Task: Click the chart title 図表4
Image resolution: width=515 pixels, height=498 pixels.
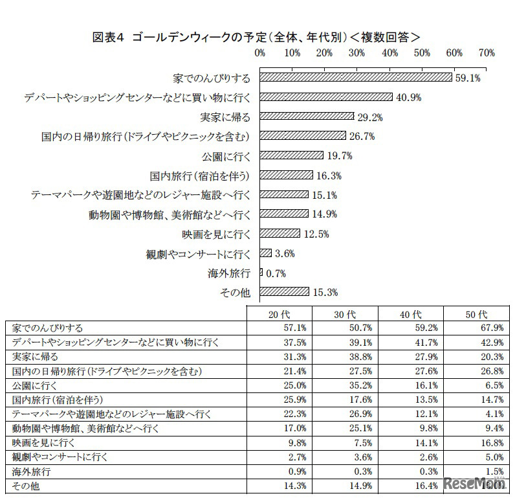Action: tap(110, 37)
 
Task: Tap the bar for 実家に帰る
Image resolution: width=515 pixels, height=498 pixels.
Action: tap(307, 117)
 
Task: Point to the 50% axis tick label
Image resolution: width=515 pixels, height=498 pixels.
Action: tap(422, 52)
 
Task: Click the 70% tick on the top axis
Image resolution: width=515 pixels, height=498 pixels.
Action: tap(487, 52)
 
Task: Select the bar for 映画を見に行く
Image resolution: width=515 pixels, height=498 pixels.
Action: tap(279, 233)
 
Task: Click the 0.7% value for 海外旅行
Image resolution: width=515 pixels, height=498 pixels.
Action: tap(275, 273)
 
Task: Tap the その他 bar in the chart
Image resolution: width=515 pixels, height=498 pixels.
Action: tap(284, 292)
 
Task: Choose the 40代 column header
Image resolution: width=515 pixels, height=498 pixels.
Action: tap(411, 314)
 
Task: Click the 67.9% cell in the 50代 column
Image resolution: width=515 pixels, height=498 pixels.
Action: tap(492, 328)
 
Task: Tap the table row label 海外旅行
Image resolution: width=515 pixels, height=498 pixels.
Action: tap(26, 471)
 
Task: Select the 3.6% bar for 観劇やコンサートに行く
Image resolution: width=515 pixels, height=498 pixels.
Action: tap(265, 253)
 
